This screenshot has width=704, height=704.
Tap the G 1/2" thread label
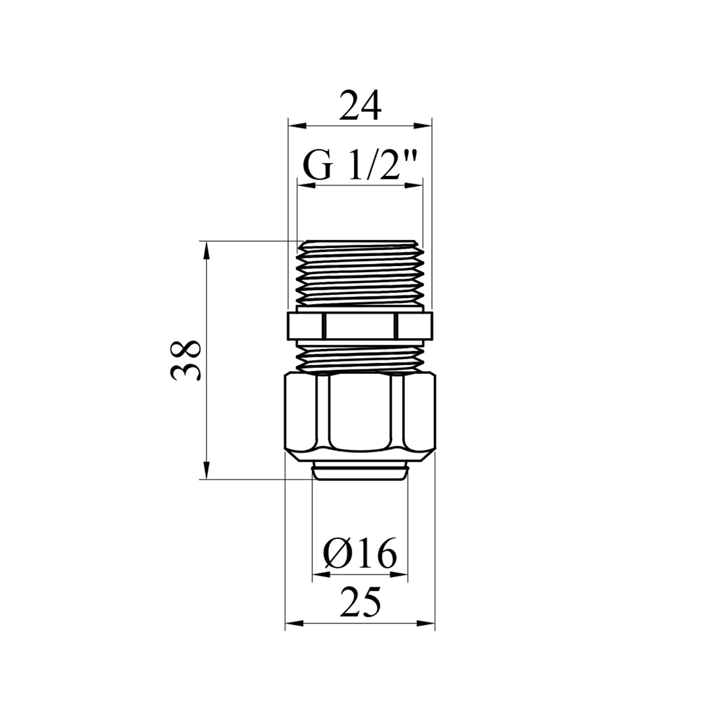[360, 166]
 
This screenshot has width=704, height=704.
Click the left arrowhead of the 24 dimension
[297, 126]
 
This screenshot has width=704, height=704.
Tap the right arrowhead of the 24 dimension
[422, 126]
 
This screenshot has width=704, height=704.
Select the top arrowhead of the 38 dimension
[206, 251]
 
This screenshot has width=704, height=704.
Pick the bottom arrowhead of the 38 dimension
[206, 470]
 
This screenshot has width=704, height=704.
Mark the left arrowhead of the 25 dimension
[294, 624]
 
